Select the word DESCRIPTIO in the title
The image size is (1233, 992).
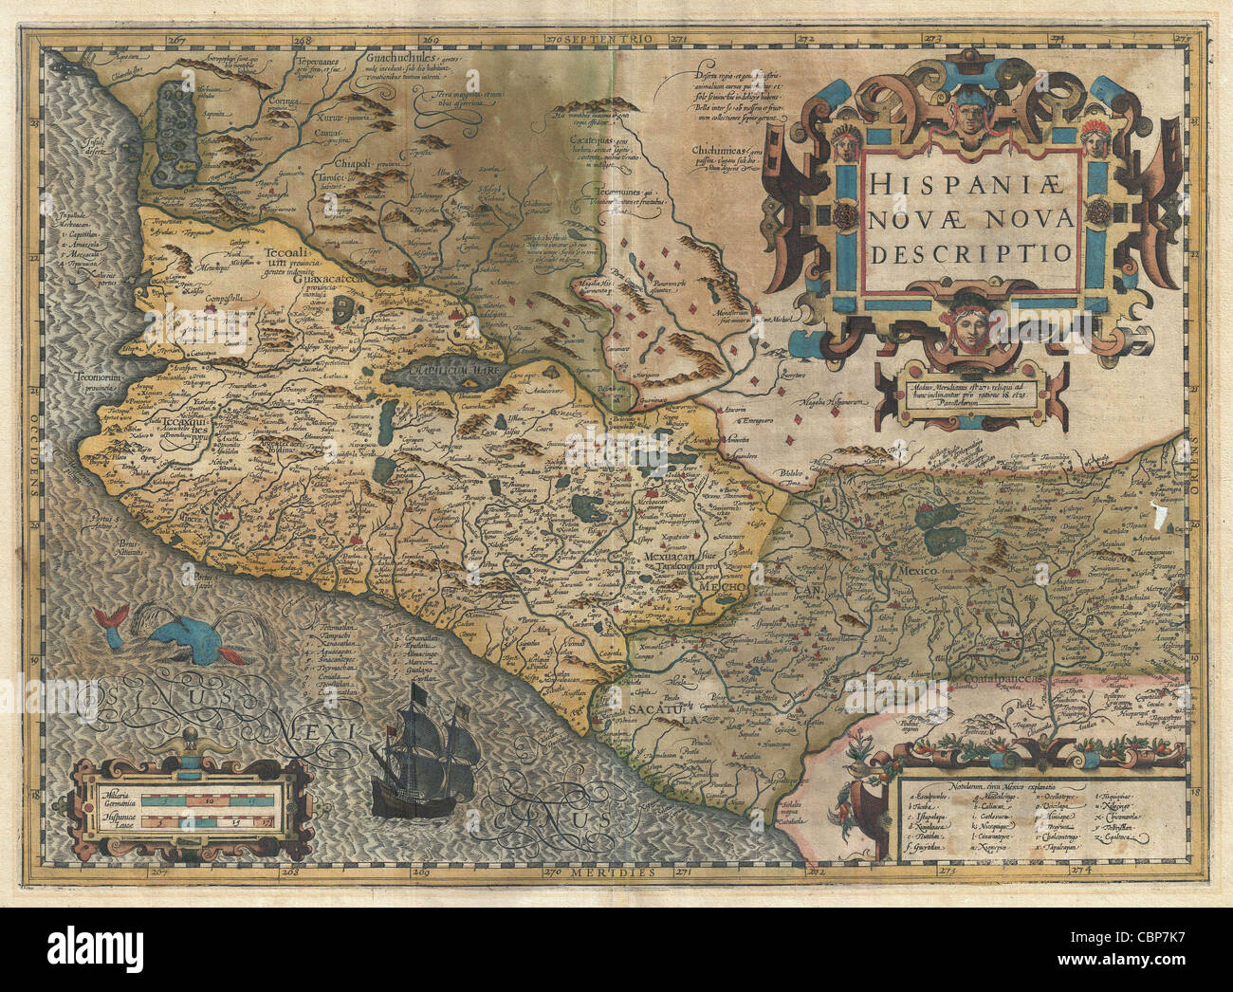click(971, 253)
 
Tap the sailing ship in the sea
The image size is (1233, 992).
click(423, 749)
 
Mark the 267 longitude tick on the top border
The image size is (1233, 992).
click(175, 40)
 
